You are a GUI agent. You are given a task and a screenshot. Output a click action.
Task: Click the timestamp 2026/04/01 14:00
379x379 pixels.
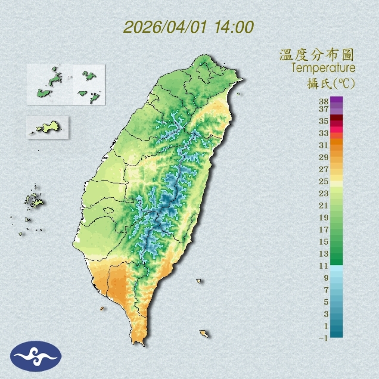coord(188,27)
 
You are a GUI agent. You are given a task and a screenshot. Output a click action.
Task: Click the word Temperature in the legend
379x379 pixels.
coord(323,68)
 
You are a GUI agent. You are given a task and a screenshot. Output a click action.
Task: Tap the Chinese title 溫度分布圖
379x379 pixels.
coord(317,55)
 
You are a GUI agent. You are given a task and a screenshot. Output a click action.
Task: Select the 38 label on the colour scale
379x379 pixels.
coord(324,102)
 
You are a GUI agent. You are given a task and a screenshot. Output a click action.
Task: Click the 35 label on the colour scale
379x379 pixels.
coord(324,121)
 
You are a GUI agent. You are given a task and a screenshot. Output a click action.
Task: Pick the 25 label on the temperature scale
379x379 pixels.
coord(324,181)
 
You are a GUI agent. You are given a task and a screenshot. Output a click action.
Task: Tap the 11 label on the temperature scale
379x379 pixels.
coord(324,266)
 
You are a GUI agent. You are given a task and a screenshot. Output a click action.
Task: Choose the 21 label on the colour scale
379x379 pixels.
coord(324,205)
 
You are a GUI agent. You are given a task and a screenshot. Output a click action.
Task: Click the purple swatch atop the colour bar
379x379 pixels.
coord(336,99)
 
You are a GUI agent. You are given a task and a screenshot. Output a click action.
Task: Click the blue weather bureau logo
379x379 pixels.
coord(36,356)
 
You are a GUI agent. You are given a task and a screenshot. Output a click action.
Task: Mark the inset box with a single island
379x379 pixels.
coord(47,127)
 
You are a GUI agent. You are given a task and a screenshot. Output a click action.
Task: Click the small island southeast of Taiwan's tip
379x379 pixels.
coord(204,333)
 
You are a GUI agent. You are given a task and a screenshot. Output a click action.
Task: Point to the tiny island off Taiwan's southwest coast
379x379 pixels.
coord(102,308)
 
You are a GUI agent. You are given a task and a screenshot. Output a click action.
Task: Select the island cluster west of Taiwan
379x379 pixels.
coord(33,201)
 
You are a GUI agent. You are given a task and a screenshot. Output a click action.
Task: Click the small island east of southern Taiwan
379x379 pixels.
coord(199,281)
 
